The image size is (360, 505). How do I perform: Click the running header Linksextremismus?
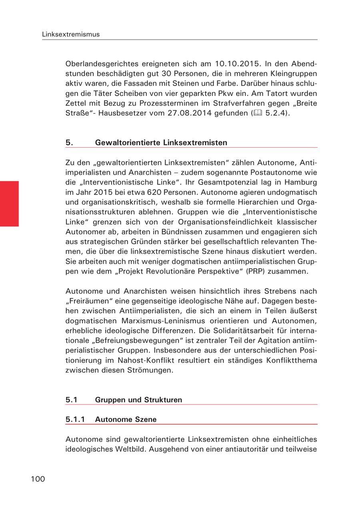(71, 34)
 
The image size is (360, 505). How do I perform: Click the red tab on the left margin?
(9, 204)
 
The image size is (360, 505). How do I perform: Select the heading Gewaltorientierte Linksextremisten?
(161, 143)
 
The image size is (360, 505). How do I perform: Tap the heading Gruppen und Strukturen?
(138, 400)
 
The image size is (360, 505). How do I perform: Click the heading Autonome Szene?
(126, 419)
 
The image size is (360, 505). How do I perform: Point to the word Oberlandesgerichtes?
(102, 64)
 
